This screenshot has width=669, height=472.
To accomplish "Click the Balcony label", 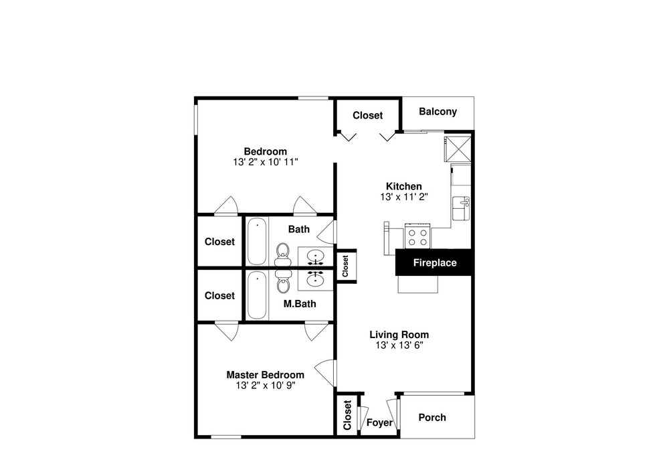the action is point(438,112).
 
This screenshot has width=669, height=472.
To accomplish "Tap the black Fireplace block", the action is point(434,262).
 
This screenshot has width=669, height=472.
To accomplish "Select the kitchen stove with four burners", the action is point(417,236).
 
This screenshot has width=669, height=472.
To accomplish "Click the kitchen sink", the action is point(461,208).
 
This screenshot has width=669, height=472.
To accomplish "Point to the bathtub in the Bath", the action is point(258,241).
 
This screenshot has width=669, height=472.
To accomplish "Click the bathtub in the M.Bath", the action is point(258,295).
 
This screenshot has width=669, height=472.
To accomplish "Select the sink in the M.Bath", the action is point(315,279).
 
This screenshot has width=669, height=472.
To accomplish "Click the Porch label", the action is point(432,417).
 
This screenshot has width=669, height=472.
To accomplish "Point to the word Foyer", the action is point(379,422).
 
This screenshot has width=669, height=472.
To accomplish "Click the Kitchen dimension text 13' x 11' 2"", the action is point(404,197).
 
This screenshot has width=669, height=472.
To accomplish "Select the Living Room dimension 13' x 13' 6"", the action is point(399,345).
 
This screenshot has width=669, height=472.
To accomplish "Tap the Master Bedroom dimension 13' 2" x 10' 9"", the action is point(266,385).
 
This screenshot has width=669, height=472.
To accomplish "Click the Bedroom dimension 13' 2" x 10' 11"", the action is point(266,162).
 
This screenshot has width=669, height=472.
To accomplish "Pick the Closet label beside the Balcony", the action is point(368,115).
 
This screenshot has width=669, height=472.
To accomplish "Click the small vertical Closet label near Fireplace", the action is point(346,266).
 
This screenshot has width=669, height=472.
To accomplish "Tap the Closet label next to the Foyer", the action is point(347,415).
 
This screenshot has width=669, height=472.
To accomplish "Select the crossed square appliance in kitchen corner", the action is point(458,149).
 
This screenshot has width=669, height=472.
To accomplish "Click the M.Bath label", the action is point(300,304).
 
